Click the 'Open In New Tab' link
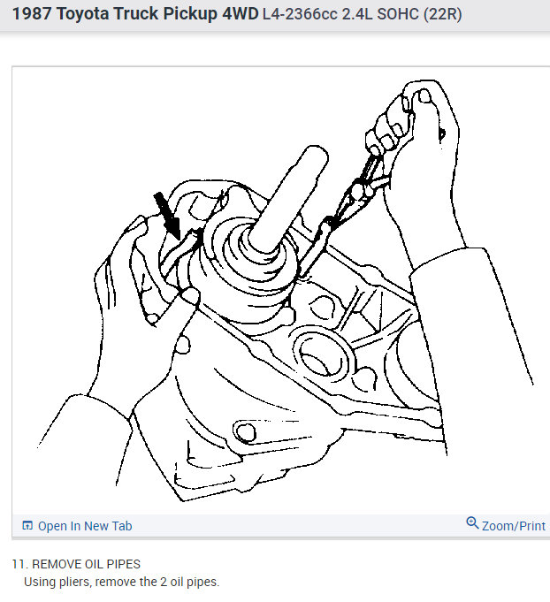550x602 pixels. pyautogui.click(x=85, y=526)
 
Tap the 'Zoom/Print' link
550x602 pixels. pyautogui.click(x=513, y=526)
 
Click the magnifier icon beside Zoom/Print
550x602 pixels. pyautogui.click(x=472, y=524)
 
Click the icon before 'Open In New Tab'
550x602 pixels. pyautogui.click(x=27, y=526)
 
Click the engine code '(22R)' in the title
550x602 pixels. pyautogui.click(x=443, y=16)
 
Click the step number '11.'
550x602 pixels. pyautogui.click(x=19, y=564)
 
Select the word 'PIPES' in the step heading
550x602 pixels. pyautogui.click(x=125, y=564)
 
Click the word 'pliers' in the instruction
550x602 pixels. pyautogui.click(x=71, y=582)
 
